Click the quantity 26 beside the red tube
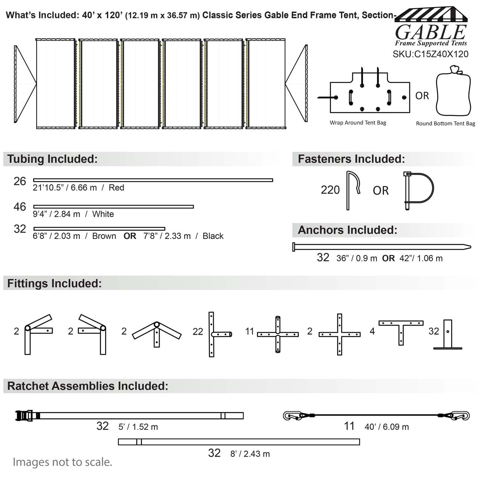[x=20, y=181]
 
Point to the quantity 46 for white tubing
[x=20, y=207]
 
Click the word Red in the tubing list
[x=117, y=188]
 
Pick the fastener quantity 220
[x=330, y=190]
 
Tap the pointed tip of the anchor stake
[x=471, y=247]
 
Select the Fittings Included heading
[x=55, y=283]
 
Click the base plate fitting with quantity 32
[x=447, y=335]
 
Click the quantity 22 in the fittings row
[x=198, y=331]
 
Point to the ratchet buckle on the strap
[x=24, y=416]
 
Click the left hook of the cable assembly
[x=292, y=416]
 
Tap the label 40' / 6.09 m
[x=387, y=426]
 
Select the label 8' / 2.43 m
[x=250, y=454]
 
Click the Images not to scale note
[x=62, y=462]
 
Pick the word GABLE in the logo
[x=431, y=32]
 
